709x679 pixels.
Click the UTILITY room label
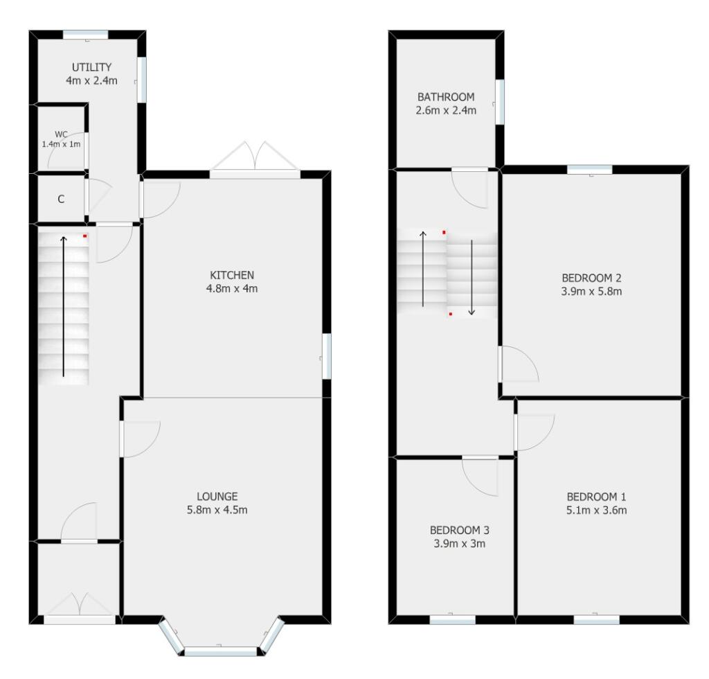[92, 67]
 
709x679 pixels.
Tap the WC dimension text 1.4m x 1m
[61, 144]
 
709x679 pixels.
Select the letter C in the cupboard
[61, 200]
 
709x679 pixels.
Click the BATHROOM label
[446, 96]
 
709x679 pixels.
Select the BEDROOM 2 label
[591, 278]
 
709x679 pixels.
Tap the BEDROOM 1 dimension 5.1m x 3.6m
[596, 511]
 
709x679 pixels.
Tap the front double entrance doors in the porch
[80, 607]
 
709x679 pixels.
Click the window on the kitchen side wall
[326, 356]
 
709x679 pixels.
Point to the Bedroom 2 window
[590, 169]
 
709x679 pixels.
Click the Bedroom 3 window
[452, 620]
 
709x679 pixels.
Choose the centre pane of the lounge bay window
[220, 651]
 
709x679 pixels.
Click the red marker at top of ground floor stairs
[85, 236]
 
